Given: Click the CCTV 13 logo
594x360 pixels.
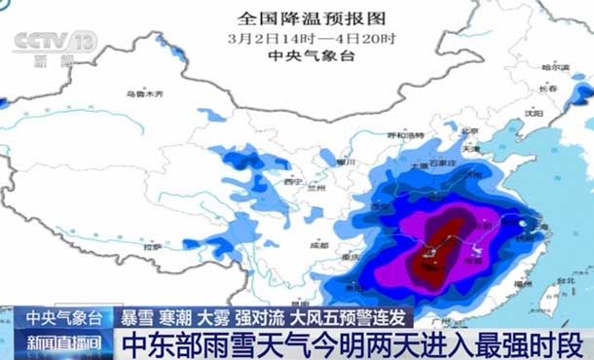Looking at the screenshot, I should point(54,45).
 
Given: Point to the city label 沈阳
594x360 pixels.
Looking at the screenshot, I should point(533,112).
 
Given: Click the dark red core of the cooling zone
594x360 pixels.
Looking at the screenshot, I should point(427,258).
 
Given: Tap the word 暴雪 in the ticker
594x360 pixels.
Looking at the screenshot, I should point(135,317).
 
